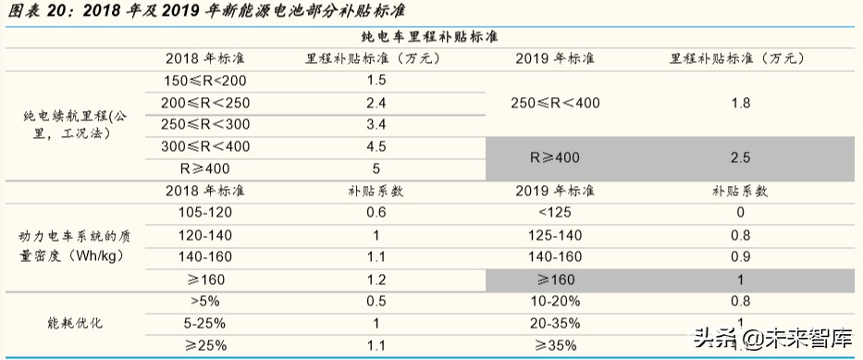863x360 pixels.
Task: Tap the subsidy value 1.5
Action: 376,81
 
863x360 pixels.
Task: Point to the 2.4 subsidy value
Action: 376,103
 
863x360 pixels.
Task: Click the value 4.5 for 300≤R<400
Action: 376,146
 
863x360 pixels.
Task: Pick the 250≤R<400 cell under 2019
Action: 554,103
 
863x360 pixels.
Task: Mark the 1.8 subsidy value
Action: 740,103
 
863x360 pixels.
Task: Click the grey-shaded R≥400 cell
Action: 554,157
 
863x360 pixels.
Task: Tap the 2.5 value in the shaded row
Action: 740,157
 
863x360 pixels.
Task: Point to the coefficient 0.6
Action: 376,213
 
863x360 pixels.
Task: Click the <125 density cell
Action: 554,213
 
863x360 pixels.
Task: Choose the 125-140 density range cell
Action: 554,235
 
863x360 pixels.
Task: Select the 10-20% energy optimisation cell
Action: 554,301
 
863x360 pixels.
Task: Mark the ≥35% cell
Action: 554,345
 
